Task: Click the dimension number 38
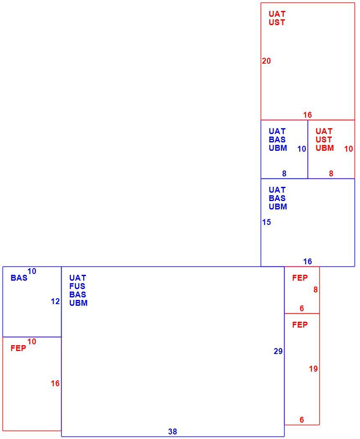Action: coord(173,431)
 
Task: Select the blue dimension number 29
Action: coord(278,351)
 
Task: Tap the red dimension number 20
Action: coord(267,61)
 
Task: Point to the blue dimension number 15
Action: coord(267,222)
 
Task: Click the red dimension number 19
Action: coord(313,369)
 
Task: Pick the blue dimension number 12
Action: coord(55,301)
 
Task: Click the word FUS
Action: coord(78,286)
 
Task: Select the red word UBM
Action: coord(325,148)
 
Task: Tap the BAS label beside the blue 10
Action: coord(19,278)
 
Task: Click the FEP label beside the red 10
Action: coord(18,348)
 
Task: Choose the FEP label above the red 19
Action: coord(300,325)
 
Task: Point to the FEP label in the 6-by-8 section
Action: coord(300,278)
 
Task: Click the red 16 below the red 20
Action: coord(307,115)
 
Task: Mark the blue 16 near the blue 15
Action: coord(307,261)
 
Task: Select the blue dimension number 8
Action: coord(284,173)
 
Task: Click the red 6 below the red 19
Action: coord(302,420)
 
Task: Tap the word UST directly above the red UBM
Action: coord(324,139)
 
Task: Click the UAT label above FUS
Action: coord(78,278)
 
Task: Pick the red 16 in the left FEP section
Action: coord(55,383)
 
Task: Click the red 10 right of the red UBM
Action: coord(349,149)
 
